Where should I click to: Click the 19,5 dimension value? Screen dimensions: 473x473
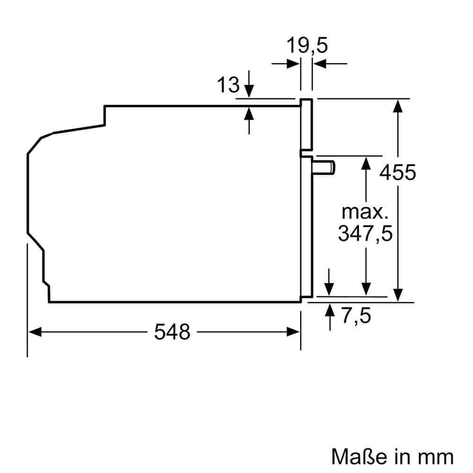[x=307, y=46]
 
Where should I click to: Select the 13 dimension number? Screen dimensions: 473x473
[x=228, y=85]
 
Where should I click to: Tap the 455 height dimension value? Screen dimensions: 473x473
[x=398, y=172]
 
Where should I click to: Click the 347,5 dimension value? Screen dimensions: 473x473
[x=365, y=233]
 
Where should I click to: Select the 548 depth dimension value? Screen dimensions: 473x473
[x=172, y=332]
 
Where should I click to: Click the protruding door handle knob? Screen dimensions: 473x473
[x=326, y=167]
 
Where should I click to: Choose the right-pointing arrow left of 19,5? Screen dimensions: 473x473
[x=293, y=63]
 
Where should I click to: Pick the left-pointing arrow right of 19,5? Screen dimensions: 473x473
[x=320, y=63]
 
